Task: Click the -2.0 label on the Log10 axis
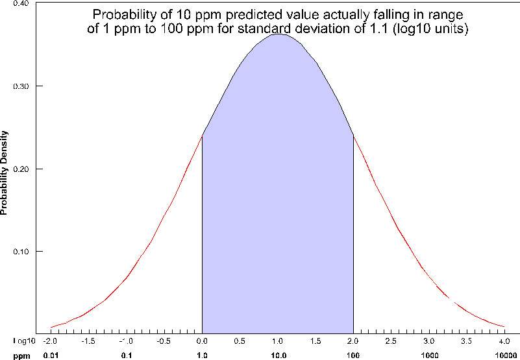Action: pyautogui.click(x=51, y=341)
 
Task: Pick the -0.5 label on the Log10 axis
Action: pyautogui.click(x=164, y=341)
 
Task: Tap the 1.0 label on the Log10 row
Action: pyautogui.click(x=277, y=341)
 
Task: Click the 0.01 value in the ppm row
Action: pyautogui.click(x=51, y=355)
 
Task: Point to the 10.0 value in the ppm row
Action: pyautogui.click(x=277, y=355)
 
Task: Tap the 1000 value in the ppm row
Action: pyautogui.click(x=428, y=355)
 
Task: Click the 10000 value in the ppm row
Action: pyautogui.click(x=504, y=355)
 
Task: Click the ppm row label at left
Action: pyautogui.click(x=21, y=355)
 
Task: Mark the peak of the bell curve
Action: pyautogui.click(x=278, y=34)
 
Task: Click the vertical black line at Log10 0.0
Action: pyautogui.click(x=203, y=234)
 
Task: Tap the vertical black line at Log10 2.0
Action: pyautogui.click(x=353, y=234)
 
